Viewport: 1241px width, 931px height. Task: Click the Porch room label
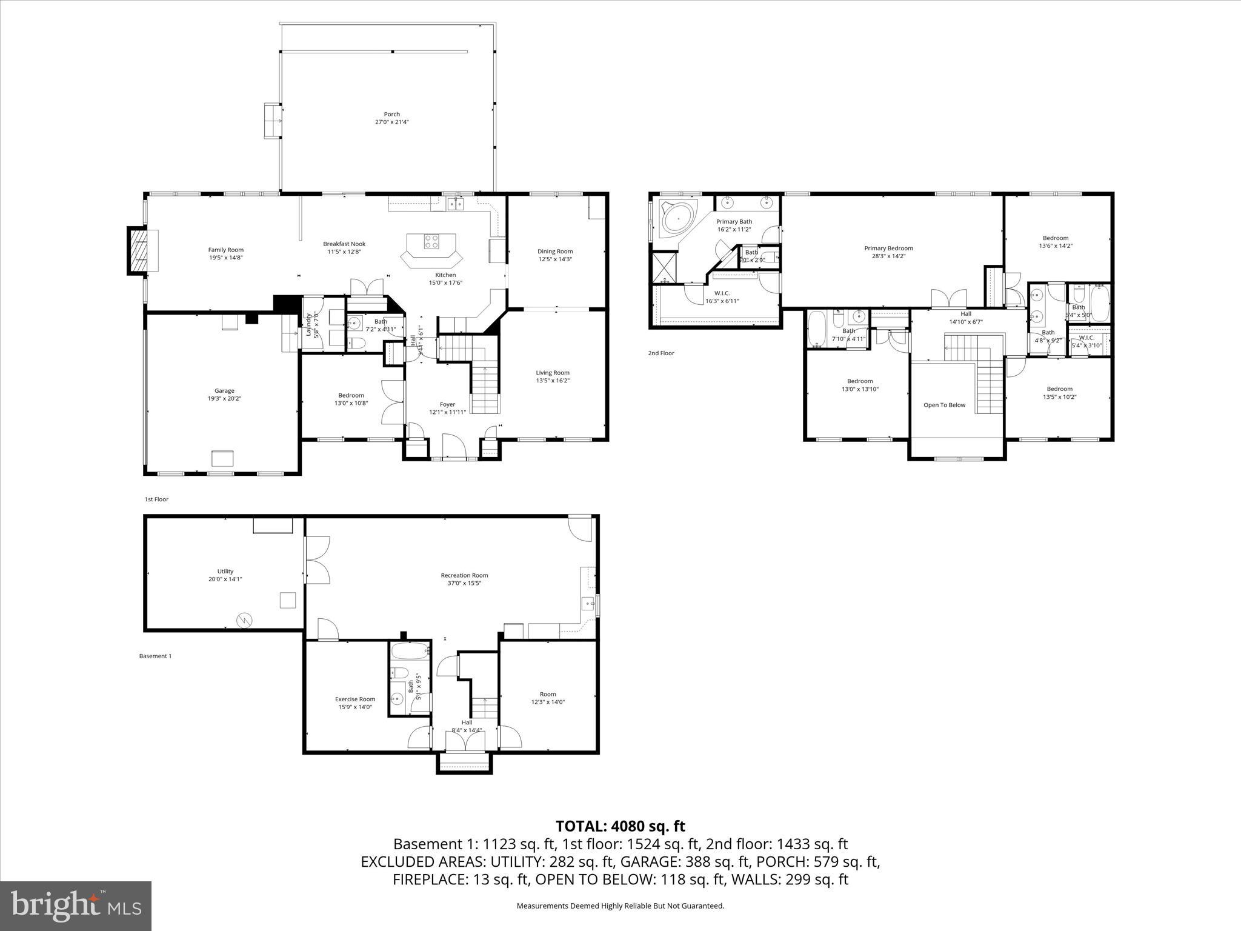click(391, 114)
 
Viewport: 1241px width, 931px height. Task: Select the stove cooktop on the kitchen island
click(431, 241)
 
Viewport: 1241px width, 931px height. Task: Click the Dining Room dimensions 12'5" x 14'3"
click(554, 259)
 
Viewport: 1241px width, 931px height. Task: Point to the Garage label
click(224, 391)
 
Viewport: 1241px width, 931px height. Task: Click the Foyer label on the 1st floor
click(447, 404)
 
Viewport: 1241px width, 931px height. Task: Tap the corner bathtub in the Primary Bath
click(677, 219)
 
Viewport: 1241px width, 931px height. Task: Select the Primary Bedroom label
click(888, 248)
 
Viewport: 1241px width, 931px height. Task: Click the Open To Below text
click(944, 405)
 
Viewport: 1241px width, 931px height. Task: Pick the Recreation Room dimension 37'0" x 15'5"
click(464, 583)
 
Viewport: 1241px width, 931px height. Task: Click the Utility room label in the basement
click(225, 571)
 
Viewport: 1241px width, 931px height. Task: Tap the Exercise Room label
click(355, 699)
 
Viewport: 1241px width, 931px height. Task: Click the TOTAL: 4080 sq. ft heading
click(620, 826)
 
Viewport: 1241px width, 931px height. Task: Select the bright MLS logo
click(76, 906)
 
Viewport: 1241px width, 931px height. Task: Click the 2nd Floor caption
click(660, 353)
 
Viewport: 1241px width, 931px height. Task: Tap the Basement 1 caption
click(155, 656)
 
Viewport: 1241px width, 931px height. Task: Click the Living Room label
click(553, 373)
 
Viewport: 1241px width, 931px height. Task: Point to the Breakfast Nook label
click(344, 244)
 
